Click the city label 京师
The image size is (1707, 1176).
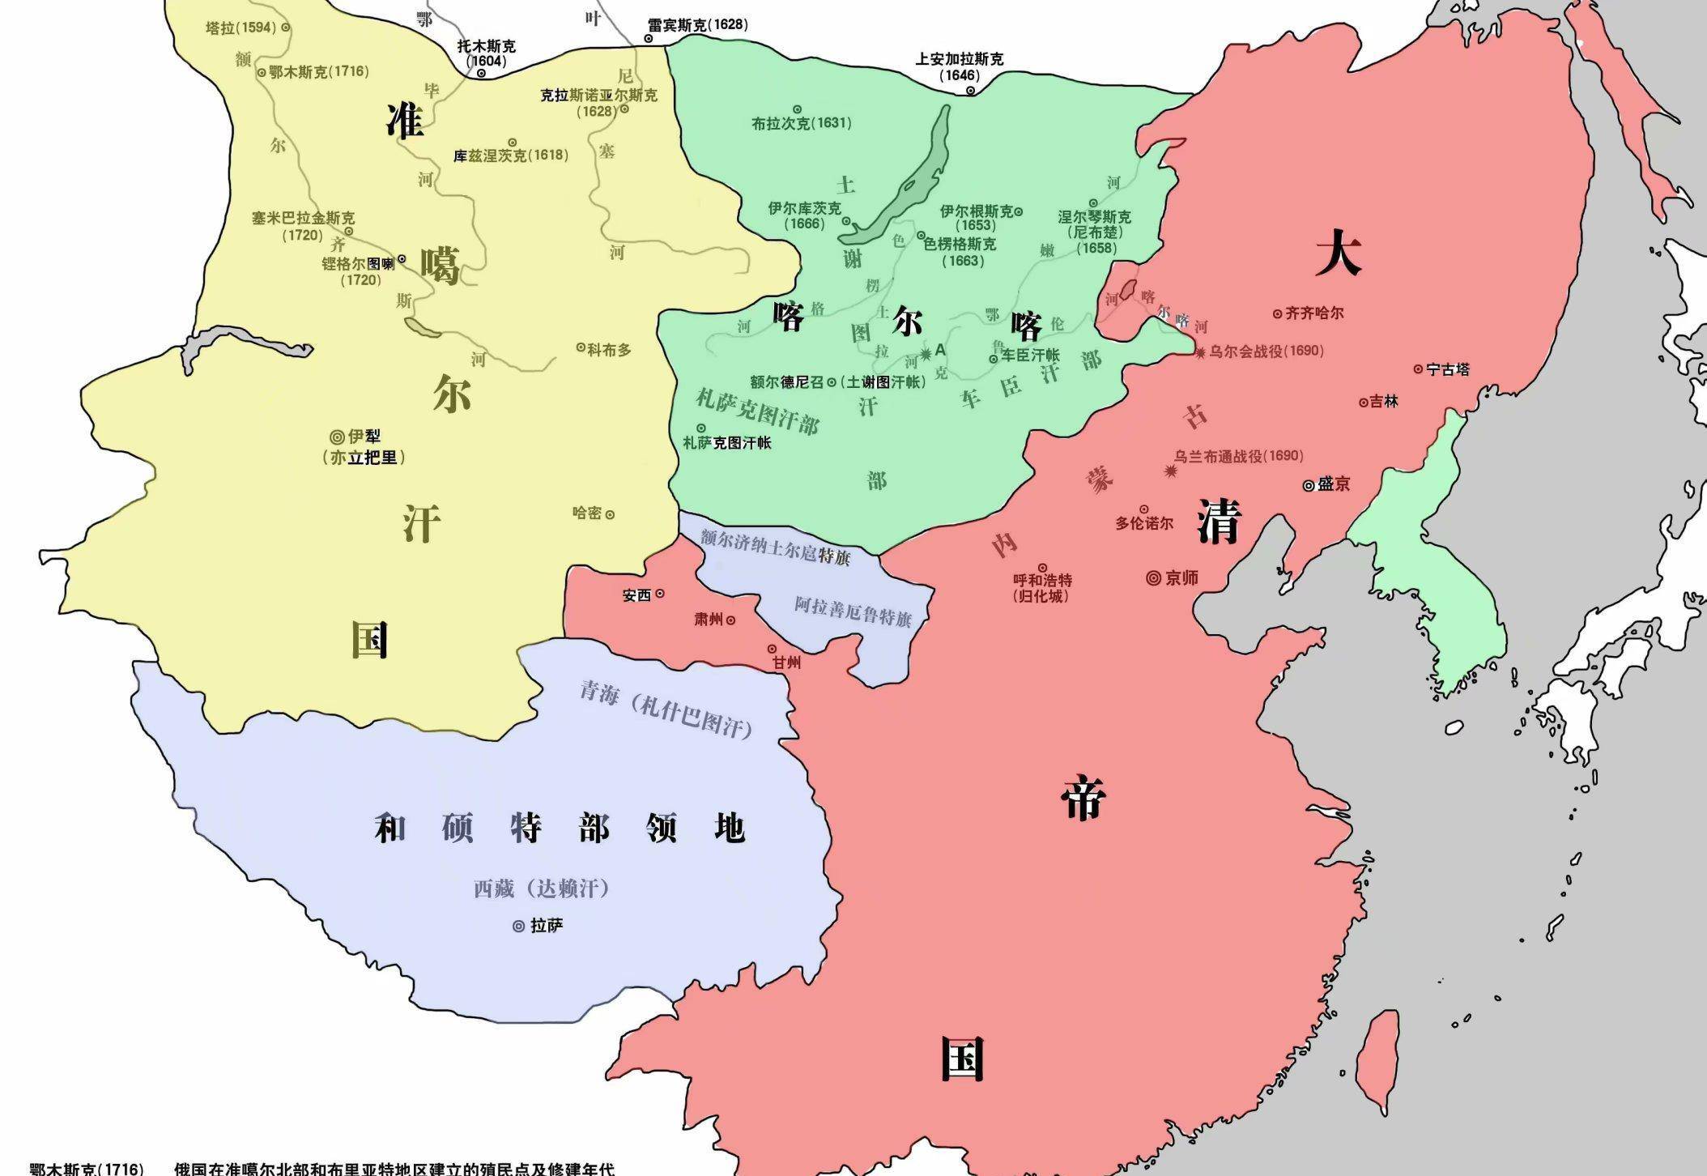pos(1181,578)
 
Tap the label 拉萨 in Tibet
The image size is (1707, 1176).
pos(547,926)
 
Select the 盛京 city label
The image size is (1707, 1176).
pos(1333,484)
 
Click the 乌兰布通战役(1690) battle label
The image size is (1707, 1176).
pos(1238,456)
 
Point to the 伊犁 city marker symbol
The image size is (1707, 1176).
pos(337,437)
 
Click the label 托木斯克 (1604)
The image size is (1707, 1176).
pos(486,53)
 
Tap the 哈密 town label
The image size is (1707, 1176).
pos(587,513)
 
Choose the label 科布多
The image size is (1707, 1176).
pos(609,349)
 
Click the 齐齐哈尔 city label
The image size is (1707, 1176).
pos(1314,313)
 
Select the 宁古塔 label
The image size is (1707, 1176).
pos(1448,369)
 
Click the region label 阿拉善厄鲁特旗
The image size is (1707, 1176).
pos(853,612)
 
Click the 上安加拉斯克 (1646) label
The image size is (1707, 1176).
pos(959,66)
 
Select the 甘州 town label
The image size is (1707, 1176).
pos(785,662)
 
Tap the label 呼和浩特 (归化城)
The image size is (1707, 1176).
pos(1042,587)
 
